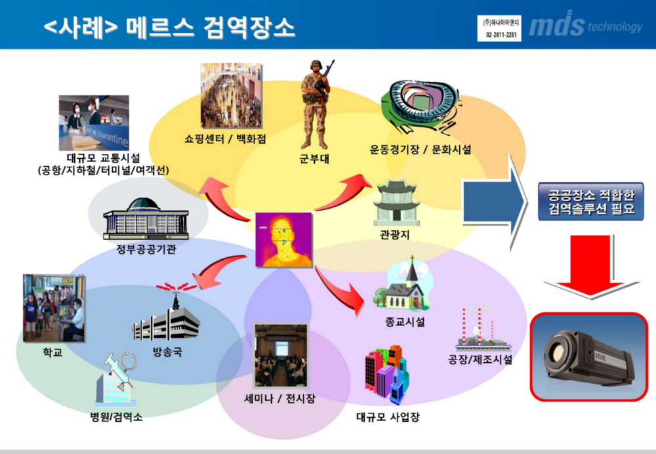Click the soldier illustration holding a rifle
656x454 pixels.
click(x=316, y=104)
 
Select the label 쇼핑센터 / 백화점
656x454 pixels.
click(x=225, y=139)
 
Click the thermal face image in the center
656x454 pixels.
click(x=284, y=239)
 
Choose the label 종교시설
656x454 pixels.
click(x=405, y=321)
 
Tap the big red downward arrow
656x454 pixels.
click(x=591, y=266)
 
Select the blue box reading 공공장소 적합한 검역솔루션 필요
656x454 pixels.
click(x=591, y=201)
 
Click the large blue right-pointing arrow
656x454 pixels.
click(x=494, y=202)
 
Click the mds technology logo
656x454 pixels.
click(x=586, y=24)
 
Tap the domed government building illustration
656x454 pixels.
click(x=146, y=219)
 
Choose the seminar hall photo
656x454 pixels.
click(x=281, y=355)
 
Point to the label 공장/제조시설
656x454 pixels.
click(x=480, y=359)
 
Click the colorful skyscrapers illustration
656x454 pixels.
click(x=387, y=375)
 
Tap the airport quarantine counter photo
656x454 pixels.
click(x=94, y=123)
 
